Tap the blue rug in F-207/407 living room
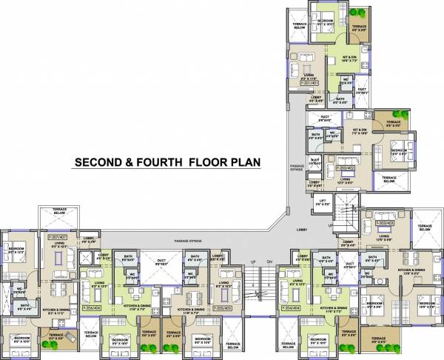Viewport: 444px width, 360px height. click(58, 257)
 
